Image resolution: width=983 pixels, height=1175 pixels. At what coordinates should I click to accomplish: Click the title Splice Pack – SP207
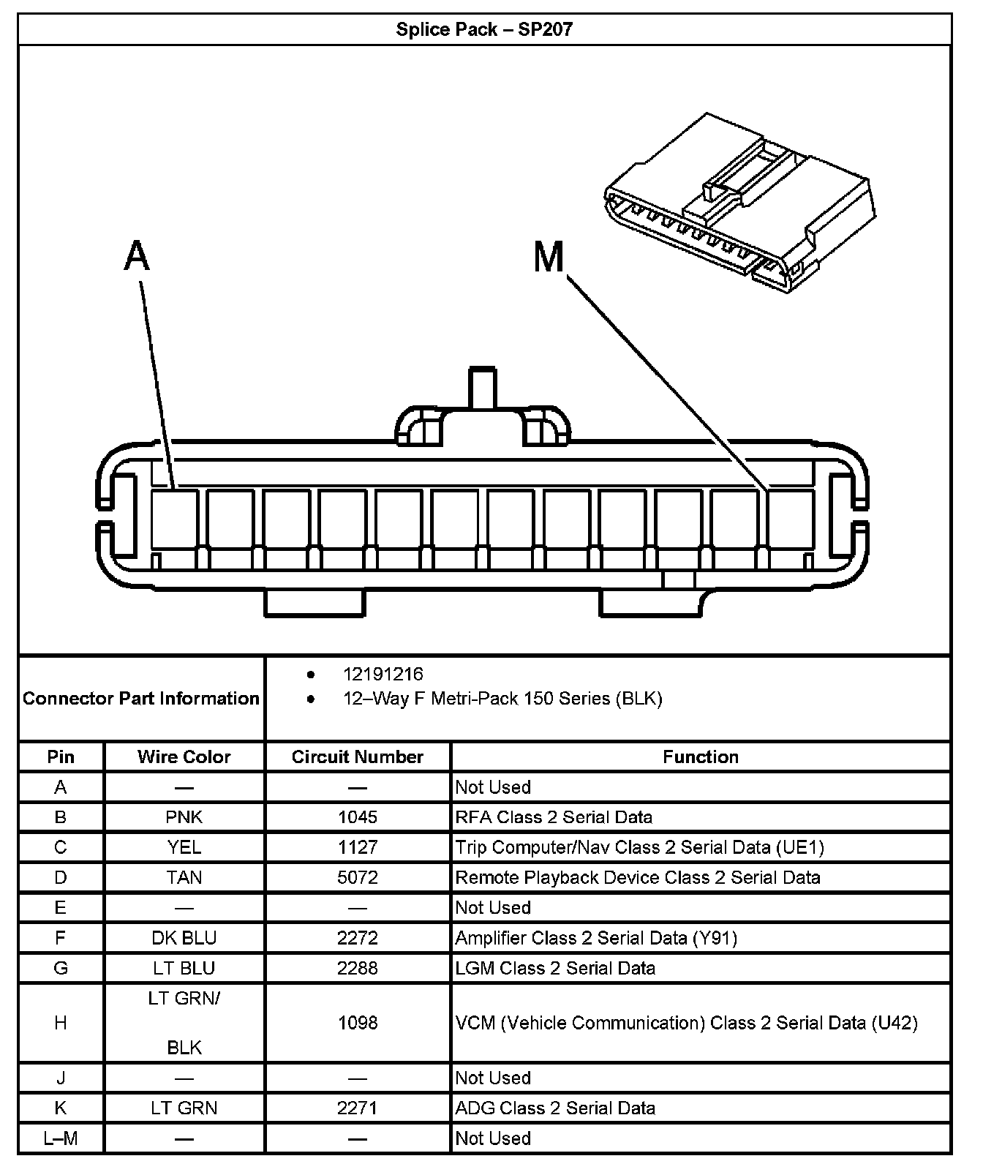(x=484, y=29)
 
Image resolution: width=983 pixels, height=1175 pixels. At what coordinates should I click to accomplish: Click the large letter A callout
(x=137, y=257)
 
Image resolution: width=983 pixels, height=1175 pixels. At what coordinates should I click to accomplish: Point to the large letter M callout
(x=549, y=258)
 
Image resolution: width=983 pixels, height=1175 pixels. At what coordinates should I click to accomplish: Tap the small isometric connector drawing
(x=739, y=203)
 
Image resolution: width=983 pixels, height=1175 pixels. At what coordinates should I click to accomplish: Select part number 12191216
(x=383, y=674)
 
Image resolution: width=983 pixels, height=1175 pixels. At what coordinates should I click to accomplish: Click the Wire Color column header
(x=184, y=757)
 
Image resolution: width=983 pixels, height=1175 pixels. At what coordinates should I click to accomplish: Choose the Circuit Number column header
(x=358, y=757)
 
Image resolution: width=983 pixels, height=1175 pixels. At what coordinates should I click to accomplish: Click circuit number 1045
(x=358, y=817)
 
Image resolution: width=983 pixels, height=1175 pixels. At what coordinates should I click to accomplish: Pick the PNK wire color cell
(x=184, y=817)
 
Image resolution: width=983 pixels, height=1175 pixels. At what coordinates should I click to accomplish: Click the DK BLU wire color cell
(x=184, y=937)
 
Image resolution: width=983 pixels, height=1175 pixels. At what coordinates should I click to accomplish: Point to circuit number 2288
(x=358, y=968)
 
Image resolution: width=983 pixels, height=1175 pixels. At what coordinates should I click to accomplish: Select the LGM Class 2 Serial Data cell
(x=555, y=968)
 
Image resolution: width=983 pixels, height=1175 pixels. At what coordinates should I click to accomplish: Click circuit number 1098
(x=358, y=1022)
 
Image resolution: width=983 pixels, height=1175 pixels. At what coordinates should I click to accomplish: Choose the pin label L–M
(x=61, y=1138)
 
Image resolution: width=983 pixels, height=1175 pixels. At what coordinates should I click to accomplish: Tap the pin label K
(x=61, y=1108)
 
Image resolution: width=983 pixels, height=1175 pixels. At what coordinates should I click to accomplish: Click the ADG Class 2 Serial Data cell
(x=555, y=1108)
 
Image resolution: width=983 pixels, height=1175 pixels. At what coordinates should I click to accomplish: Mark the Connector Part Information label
(x=141, y=698)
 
